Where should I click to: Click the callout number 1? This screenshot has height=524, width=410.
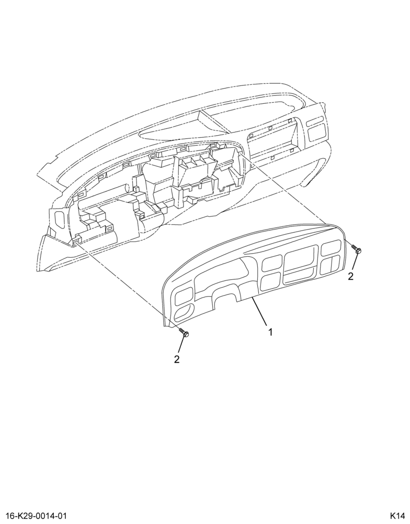(x=270, y=332)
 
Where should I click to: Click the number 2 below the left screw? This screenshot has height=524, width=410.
(x=176, y=359)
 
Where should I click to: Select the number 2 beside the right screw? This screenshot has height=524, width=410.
(x=350, y=276)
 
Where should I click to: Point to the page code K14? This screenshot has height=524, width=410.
(x=398, y=515)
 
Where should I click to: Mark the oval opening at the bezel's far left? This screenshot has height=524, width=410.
(x=183, y=313)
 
